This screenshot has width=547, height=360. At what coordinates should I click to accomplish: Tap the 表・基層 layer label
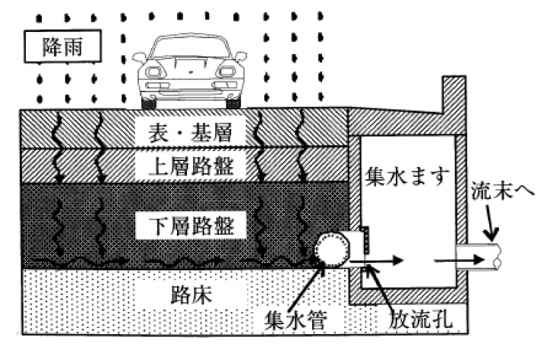(x=187, y=133)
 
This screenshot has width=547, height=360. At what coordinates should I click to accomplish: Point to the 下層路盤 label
(x=187, y=224)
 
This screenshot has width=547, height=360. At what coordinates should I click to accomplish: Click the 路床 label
(x=186, y=294)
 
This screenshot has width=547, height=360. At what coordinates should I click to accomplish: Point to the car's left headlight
(x=153, y=72)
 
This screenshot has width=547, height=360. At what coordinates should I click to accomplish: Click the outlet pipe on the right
(x=479, y=258)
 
